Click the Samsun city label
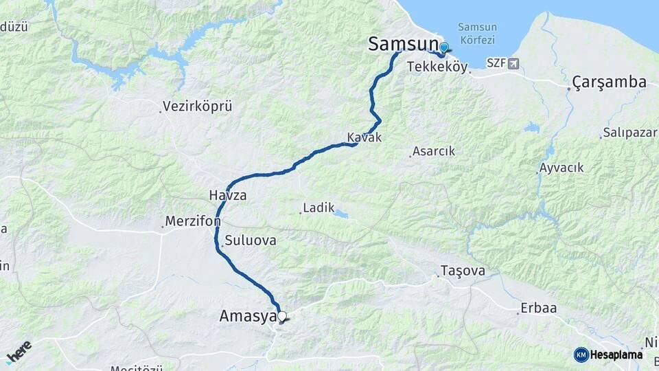tap(403, 44)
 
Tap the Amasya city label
tap(246, 316)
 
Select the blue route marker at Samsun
tap(443, 47)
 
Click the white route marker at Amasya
tap(281, 316)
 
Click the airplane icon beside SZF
tap(513, 63)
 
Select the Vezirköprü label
tap(197, 106)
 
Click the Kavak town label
tap(364, 137)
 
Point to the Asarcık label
tap(433, 152)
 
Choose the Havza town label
tap(227, 196)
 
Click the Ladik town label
tap(319, 207)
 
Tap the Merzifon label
tap(192, 223)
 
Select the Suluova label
tap(251, 240)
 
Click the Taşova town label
tap(463, 271)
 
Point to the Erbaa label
tap(539, 308)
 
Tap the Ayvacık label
tap(562, 168)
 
